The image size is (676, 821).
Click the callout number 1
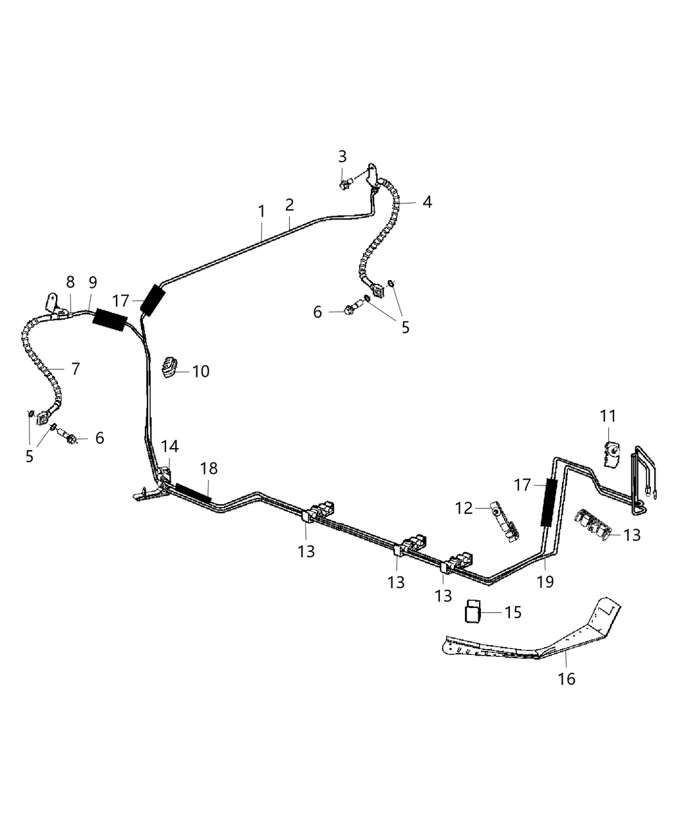click(261, 211)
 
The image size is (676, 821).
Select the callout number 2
click(290, 205)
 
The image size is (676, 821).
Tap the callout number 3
click(343, 156)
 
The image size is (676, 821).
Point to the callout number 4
click(427, 202)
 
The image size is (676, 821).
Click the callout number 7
click(75, 369)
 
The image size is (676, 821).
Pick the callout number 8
click(70, 282)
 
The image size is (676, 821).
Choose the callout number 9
click(93, 282)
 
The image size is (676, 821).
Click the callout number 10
click(201, 372)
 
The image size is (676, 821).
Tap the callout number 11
click(608, 417)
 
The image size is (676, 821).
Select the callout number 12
click(464, 508)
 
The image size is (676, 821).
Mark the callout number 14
click(170, 446)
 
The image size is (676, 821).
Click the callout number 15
click(513, 612)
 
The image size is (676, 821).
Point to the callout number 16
click(567, 678)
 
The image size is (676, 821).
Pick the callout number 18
click(209, 468)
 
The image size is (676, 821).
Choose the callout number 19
click(545, 581)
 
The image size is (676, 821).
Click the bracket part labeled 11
click(611, 453)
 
